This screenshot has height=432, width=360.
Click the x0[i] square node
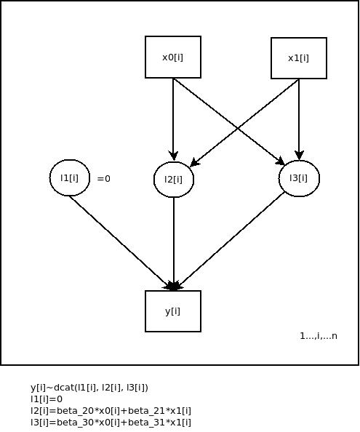[173, 57]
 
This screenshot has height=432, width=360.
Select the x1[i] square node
[299, 58]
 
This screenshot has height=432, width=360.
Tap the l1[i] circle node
[70, 177]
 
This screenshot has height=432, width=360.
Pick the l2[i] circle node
[174, 180]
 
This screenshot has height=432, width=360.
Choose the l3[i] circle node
[299, 178]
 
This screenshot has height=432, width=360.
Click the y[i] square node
[173, 311]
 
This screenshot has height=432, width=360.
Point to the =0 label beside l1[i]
[104, 179]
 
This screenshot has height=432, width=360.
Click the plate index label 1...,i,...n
[319, 336]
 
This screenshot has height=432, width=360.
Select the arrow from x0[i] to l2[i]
[173, 119]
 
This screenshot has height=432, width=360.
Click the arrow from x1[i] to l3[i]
[299, 120]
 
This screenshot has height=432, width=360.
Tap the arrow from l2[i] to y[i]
[174, 244]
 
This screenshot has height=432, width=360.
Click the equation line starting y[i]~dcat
[89, 388]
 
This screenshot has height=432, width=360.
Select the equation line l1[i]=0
[47, 399]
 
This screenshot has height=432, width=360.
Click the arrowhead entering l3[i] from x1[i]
[299, 156]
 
